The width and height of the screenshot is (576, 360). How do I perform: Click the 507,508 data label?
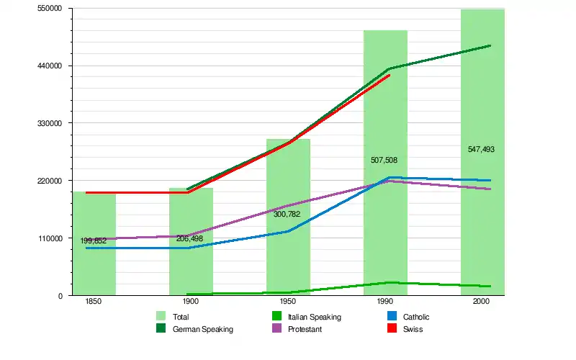(385, 160)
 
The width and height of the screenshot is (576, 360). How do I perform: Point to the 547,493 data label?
(481, 150)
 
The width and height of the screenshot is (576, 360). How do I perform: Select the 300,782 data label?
(287, 214)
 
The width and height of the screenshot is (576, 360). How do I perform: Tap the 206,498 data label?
(189, 238)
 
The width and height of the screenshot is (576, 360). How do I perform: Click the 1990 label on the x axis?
(384, 302)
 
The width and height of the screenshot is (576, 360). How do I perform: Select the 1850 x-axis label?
(93, 302)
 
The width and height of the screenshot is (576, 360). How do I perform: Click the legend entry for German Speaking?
(203, 329)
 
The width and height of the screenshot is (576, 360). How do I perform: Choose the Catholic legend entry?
(416, 317)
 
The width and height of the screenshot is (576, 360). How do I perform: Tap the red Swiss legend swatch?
(392, 329)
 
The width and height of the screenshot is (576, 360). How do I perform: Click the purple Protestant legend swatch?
(277, 329)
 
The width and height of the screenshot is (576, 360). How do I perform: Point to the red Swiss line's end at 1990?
(389, 75)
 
